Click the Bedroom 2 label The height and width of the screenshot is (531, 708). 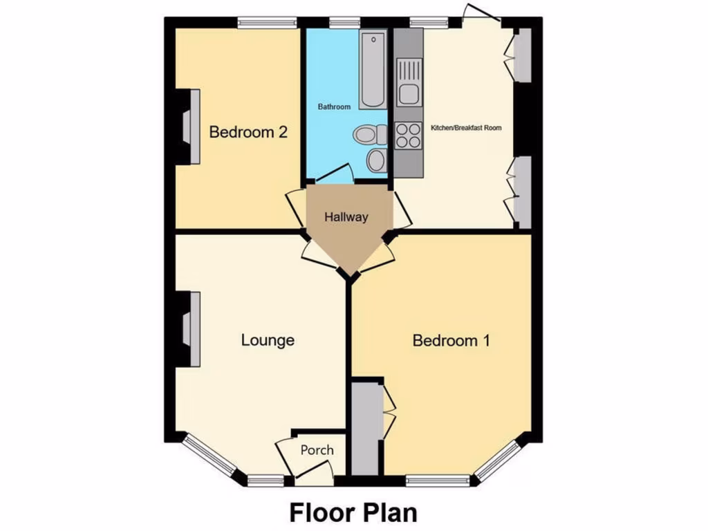pos(248,131)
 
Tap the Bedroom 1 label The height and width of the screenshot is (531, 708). pos(451,340)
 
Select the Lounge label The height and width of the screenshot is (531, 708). pos(268,340)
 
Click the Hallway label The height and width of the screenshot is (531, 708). pos(346,217)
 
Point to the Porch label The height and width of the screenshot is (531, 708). pos(317,450)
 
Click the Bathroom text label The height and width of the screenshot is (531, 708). pos(334,107)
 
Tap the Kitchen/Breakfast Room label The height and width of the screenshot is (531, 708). pos(466,128)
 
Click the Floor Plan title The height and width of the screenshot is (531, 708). pos(353,513)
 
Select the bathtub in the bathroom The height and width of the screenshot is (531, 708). pos(372,71)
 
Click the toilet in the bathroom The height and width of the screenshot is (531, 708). pos(370,134)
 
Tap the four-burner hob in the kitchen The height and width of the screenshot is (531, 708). pos(408,136)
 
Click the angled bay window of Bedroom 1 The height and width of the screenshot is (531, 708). pos(496,460)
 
